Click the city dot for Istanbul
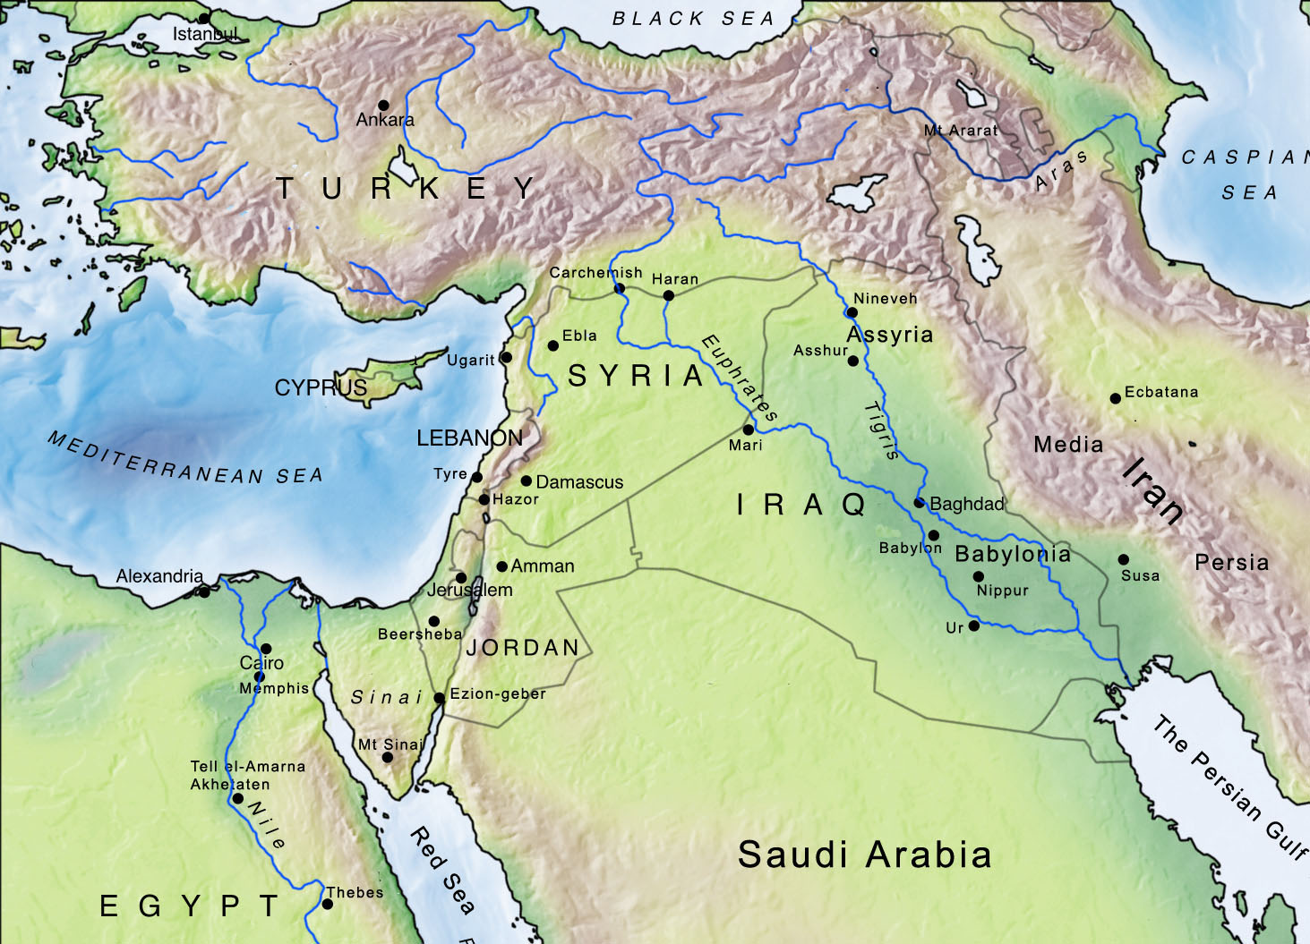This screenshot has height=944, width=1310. pyautogui.click(x=204, y=18)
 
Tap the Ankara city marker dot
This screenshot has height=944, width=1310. pyautogui.click(x=383, y=106)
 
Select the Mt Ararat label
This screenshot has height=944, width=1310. pyautogui.click(x=960, y=131)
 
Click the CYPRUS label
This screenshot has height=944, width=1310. pyautogui.click(x=321, y=388)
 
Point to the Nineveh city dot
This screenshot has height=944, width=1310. pyautogui.click(x=852, y=313)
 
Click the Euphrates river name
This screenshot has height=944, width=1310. pyautogui.click(x=739, y=378)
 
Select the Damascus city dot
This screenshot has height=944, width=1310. pyautogui.click(x=527, y=481)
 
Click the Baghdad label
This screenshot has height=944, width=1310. pyautogui.click(x=967, y=505)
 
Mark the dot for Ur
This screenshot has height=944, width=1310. pyautogui.click(x=974, y=625)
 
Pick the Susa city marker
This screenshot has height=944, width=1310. pyautogui.click(x=1124, y=559)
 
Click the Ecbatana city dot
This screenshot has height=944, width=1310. pyautogui.click(x=1116, y=398)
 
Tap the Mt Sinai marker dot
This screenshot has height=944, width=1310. pyautogui.click(x=388, y=758)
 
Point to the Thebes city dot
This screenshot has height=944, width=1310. pyautogui.click(x=328, y=905)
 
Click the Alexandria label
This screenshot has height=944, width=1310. pyautogui.click(x=159, y=576)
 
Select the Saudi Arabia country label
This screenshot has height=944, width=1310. pyautogui.click(x=864, y=855)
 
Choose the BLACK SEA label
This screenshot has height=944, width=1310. pyautogui.click(x=694, y=19)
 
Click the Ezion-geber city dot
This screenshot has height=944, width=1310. pyautogui.click(x=440, y=698)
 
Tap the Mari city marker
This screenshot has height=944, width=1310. pyautogui.click(x=749, y=429)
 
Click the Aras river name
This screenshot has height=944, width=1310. pyautogui.click(x=1062, y=170)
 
